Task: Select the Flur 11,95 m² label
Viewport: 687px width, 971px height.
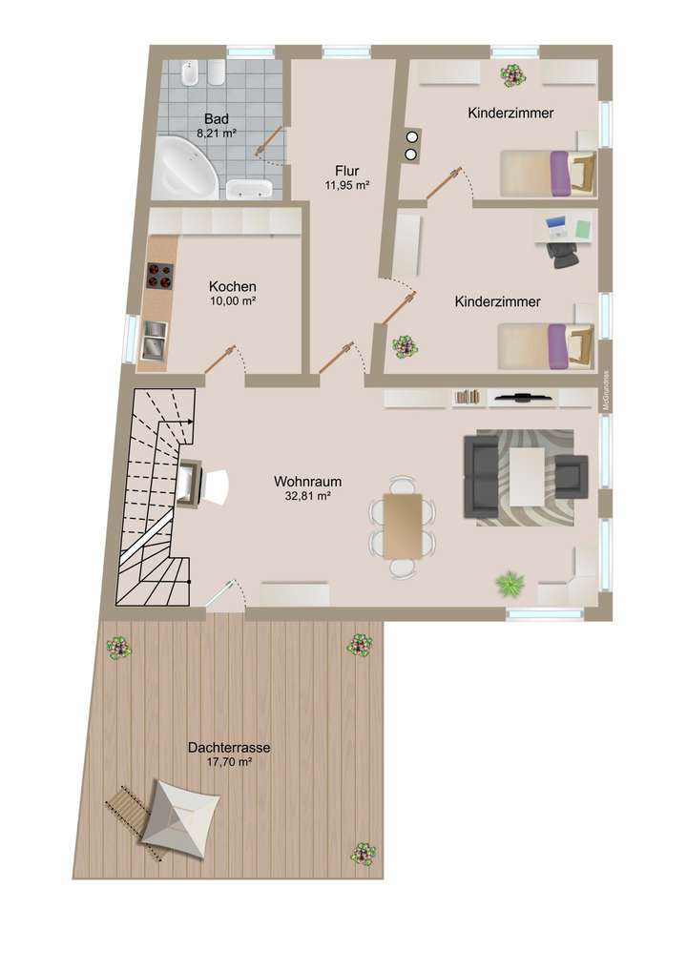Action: (345, 177)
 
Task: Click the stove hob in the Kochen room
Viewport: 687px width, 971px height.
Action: (159, 276)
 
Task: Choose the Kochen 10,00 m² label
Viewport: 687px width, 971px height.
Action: (232, 293)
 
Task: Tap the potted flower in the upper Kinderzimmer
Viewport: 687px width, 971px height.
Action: (512, 74)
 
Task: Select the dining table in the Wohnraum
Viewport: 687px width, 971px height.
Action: (402, 526)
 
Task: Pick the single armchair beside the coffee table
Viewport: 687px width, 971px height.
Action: (571, 475)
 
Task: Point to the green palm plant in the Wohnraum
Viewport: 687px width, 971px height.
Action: (509, 581)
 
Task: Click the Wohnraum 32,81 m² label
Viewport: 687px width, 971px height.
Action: (307, 488)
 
